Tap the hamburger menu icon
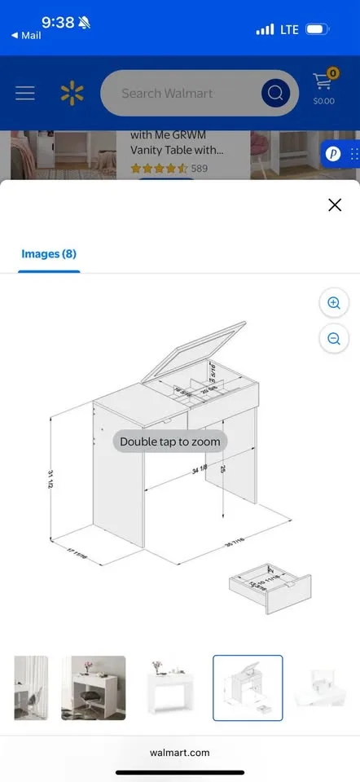25,94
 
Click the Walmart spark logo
72,94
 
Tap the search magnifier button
276,94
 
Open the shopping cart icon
323,88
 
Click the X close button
334,204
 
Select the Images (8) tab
48,254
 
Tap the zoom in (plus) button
333,303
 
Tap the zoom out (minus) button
333,339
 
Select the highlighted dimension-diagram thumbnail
248,688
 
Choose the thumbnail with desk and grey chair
93,688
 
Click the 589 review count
200,169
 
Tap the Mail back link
26,36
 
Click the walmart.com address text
180,753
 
